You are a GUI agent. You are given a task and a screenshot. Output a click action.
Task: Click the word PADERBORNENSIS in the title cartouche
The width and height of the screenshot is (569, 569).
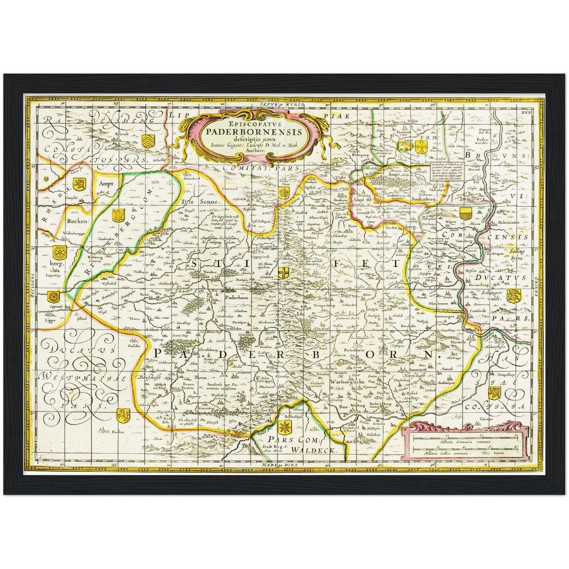(x=254, y=132)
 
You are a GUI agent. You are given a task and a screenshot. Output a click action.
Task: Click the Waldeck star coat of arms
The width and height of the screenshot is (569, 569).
(x=284, y=427)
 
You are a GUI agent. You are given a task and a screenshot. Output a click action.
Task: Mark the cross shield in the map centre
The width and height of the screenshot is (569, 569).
(x=284, y=272)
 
